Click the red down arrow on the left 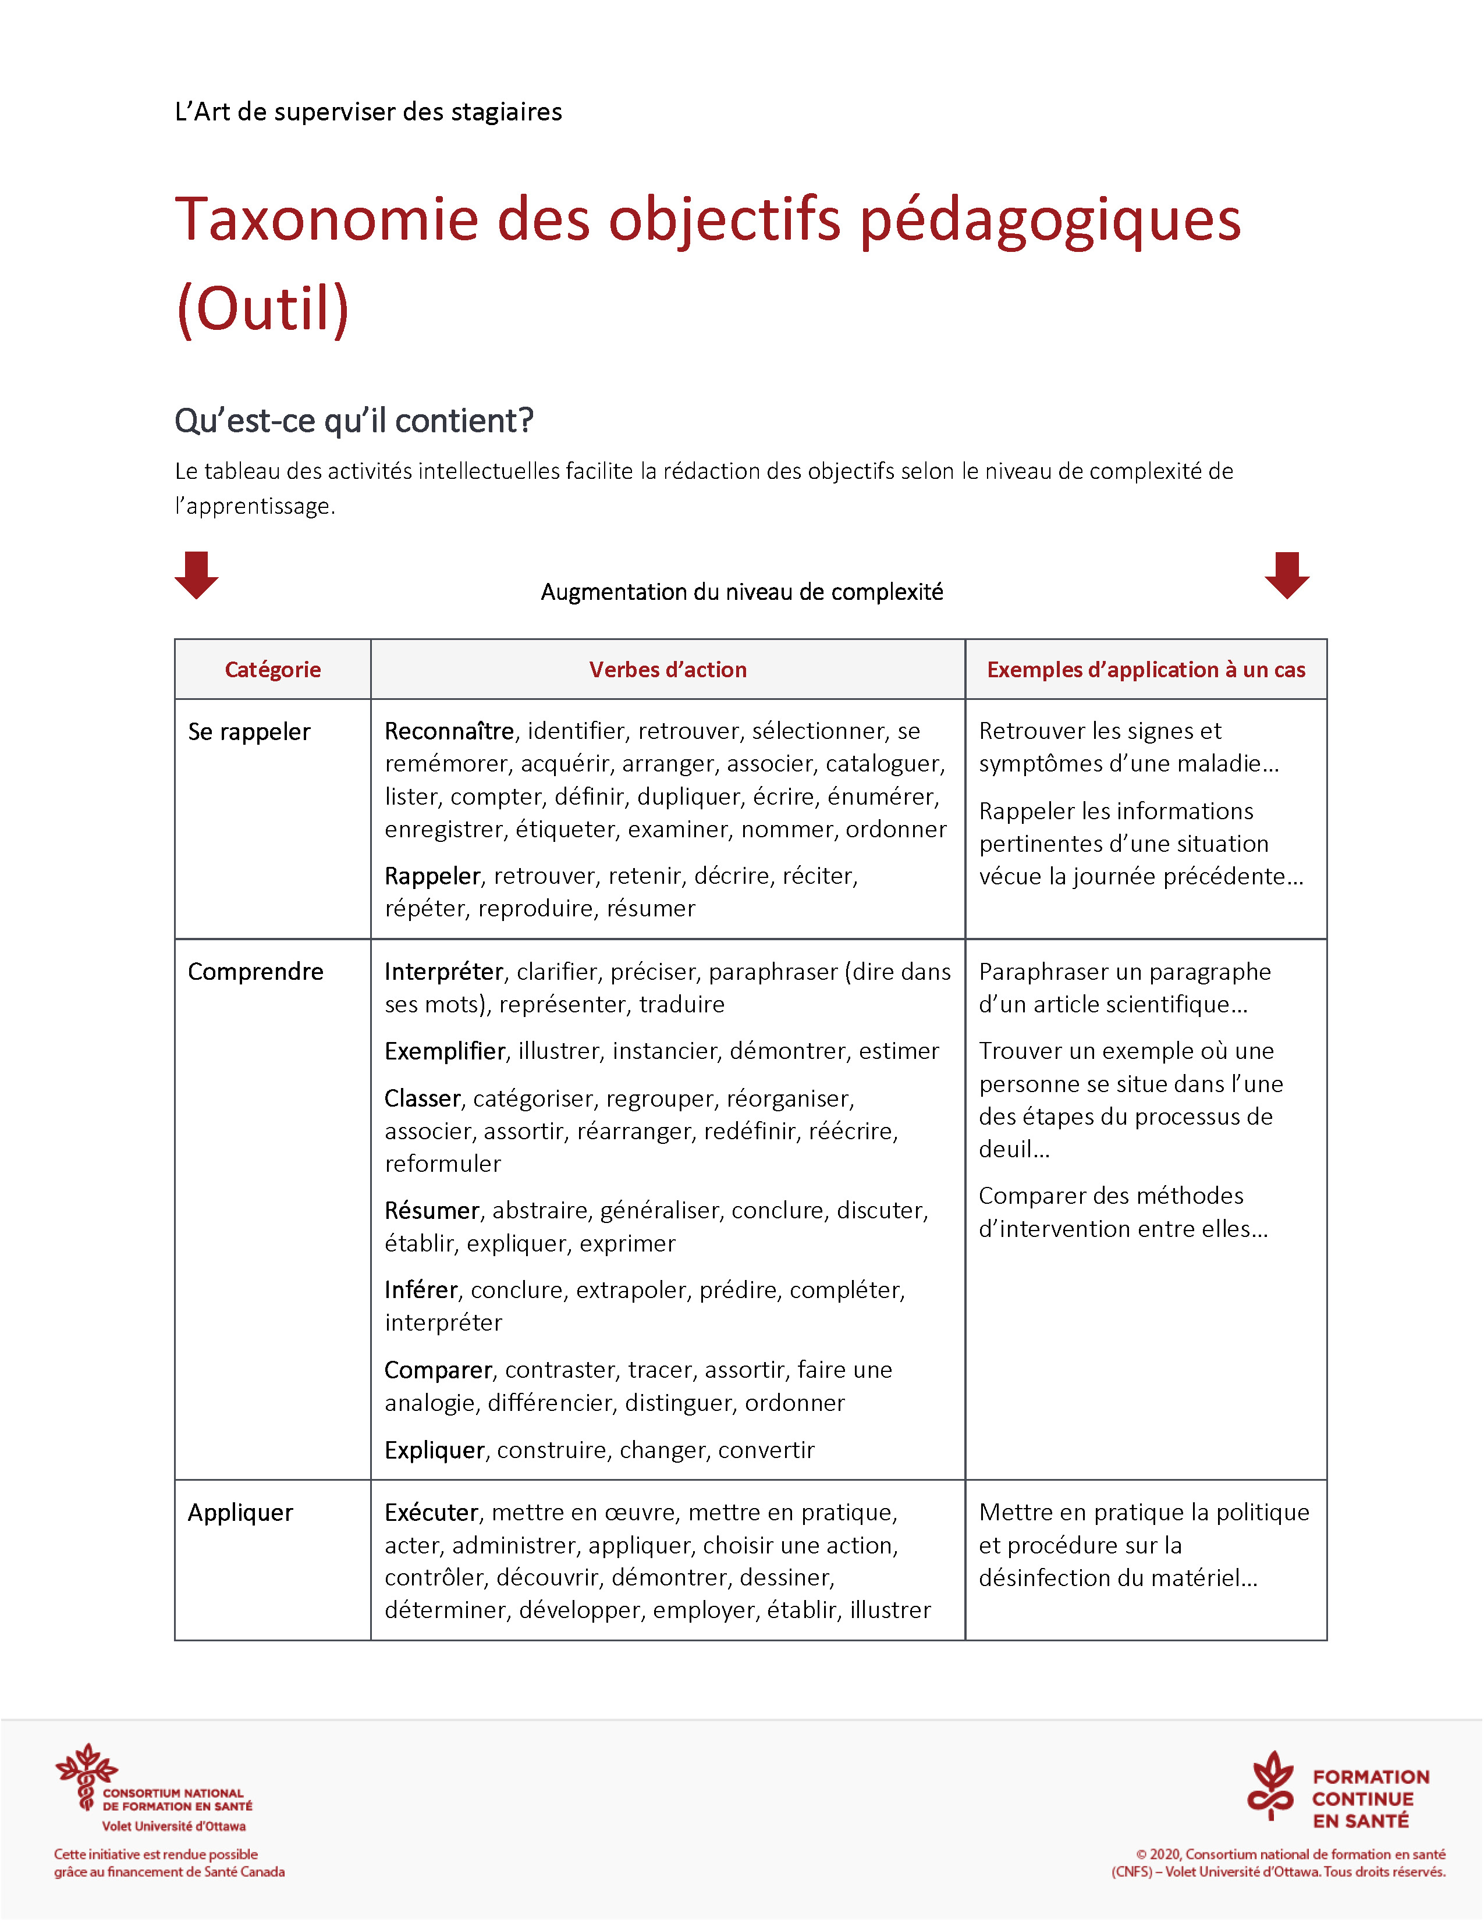point(196,575)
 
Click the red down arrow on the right point(1287,575)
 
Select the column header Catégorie point(272,670)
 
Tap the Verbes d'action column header point(668,670)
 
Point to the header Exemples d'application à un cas point(1145,670)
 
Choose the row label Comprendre point(255,972)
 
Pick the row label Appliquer point(240,1512)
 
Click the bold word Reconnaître point(448,731)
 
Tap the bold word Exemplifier point(445,1051)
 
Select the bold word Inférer point(421,1290)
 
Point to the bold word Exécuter point(431,1512)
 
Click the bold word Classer point(422,1099)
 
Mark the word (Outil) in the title point(263,310)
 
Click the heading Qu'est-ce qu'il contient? point(353,421)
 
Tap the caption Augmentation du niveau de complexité point(741,592)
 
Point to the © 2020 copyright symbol point(1142,1854)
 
